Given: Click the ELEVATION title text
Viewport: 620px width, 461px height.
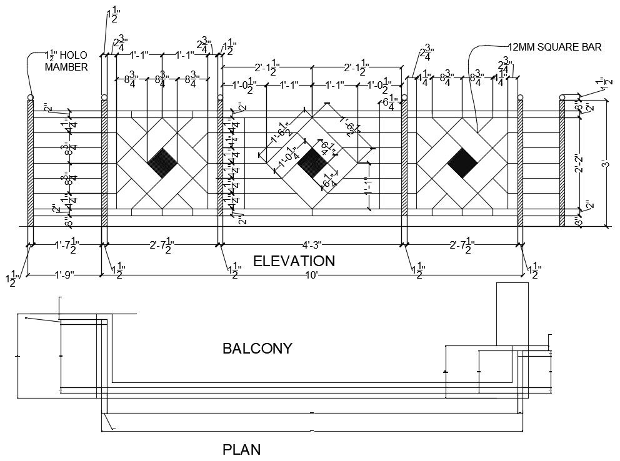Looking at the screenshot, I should pos(294,260).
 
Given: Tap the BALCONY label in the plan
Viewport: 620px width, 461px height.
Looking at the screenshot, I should pos(257,349).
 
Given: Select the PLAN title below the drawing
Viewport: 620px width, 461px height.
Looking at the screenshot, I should pos(241,449).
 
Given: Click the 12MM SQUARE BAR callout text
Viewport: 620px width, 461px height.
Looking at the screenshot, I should pos(554,47).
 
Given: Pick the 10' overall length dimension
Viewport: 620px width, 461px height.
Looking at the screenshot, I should pos(311,275).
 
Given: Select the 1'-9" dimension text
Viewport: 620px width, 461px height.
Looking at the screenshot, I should pos(64,275).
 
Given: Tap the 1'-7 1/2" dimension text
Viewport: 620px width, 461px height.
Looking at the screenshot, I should pos(66,247).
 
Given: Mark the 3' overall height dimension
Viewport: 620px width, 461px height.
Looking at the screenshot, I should pos(604,164).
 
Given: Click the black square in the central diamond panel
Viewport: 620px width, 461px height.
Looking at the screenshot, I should pos(311,164).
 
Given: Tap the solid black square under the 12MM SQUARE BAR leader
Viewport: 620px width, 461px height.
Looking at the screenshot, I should pos(462,164).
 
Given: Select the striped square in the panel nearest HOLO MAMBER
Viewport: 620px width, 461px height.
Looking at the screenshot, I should pos(162,164).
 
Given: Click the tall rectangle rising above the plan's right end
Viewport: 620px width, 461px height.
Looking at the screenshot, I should pos(512,313).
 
